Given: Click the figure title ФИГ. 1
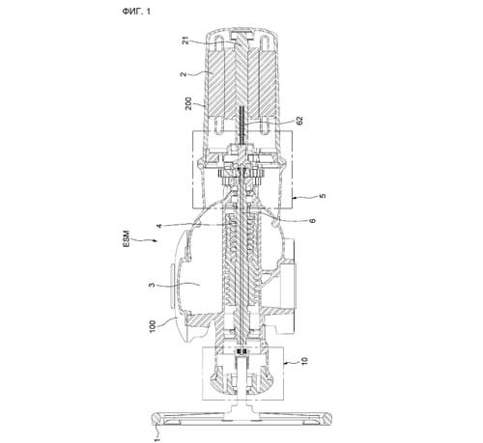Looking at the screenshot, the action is click(136, 12).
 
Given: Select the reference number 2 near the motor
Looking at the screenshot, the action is click(184, 74).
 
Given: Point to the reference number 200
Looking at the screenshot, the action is click(188, 103).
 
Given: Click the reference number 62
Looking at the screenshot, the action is click(299, 121).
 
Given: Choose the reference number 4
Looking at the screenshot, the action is click(159, 226).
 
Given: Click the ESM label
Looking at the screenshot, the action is click(127, 238).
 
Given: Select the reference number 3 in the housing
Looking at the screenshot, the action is click(151, 285).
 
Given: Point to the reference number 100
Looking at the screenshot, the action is click(153, 326).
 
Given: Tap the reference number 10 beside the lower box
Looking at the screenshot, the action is click(304, 361).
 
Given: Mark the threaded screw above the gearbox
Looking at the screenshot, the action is click(241, 126).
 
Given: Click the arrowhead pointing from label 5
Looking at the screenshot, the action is click(295, 196).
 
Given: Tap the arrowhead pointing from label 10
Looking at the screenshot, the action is click(285, 363).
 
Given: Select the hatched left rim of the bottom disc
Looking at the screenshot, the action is click(157, 417).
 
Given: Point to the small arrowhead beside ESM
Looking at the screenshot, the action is click(156, 240).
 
